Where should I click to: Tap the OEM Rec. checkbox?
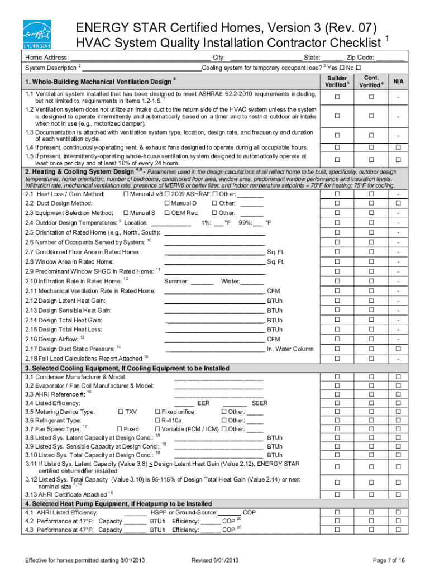click(167, 213)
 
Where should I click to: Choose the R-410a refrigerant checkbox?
click(157, 421)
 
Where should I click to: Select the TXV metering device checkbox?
click(121, 412)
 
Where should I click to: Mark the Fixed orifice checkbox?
click(157, 412)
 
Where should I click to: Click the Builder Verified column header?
click(337, 82)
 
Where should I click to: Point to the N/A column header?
click(398, 82)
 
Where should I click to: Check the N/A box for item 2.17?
click(398, 349)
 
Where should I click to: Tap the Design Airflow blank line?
click(214, 340)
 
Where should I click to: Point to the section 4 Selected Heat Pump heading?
click(118, 503)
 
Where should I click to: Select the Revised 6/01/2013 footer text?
click(215, 560)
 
